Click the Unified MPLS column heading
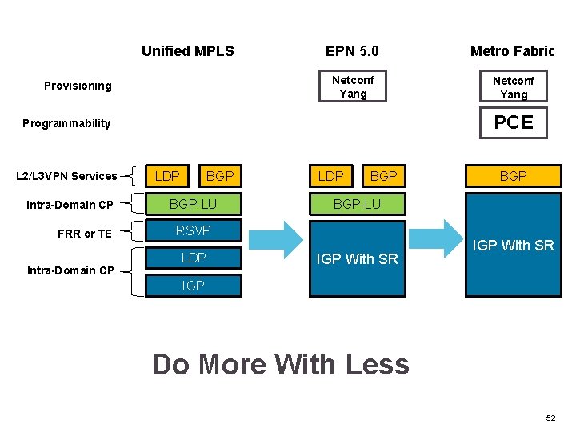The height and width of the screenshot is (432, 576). pos(187,51)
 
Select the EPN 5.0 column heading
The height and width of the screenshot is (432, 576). pos(352,51)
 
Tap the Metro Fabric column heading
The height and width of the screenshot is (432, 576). pos(512,51)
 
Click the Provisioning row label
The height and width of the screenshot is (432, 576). pos(78,86)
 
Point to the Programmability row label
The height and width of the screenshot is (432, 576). pos(66,123)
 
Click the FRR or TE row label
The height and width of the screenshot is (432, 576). pos(85,234)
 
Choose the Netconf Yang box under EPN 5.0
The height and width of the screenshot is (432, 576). pos(353,86)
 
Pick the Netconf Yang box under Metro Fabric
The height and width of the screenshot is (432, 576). pos(514,87)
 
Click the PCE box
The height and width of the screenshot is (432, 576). pos(514,122)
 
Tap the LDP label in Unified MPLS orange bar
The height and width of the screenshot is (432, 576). pos(167,176)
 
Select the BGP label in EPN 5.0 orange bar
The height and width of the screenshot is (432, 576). pos(384,176)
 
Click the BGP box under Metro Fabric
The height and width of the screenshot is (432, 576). pos(514,176)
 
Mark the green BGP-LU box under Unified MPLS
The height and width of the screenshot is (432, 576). pos(193,204)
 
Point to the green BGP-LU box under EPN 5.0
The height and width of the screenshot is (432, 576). pos(357,204)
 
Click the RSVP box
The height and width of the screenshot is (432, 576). pos(193,231)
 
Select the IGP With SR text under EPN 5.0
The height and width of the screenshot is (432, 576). pos(357,258)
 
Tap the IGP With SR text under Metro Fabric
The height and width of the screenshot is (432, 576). pos(514,246)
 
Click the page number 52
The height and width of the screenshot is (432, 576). pos(550,418)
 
